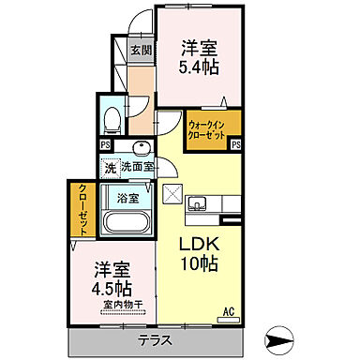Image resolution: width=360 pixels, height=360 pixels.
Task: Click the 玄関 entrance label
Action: click(140, 49)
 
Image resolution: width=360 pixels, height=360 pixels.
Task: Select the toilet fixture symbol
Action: click(112, 118)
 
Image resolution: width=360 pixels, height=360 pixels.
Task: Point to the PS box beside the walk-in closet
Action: click(236, 144)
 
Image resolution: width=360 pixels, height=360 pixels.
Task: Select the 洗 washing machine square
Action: click(111, 169)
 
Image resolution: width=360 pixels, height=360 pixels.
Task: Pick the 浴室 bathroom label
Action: click(128, 198)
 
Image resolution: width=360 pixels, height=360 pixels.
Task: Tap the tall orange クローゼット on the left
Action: click(82, 210)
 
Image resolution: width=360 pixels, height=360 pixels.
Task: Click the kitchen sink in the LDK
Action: click(198, 203)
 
